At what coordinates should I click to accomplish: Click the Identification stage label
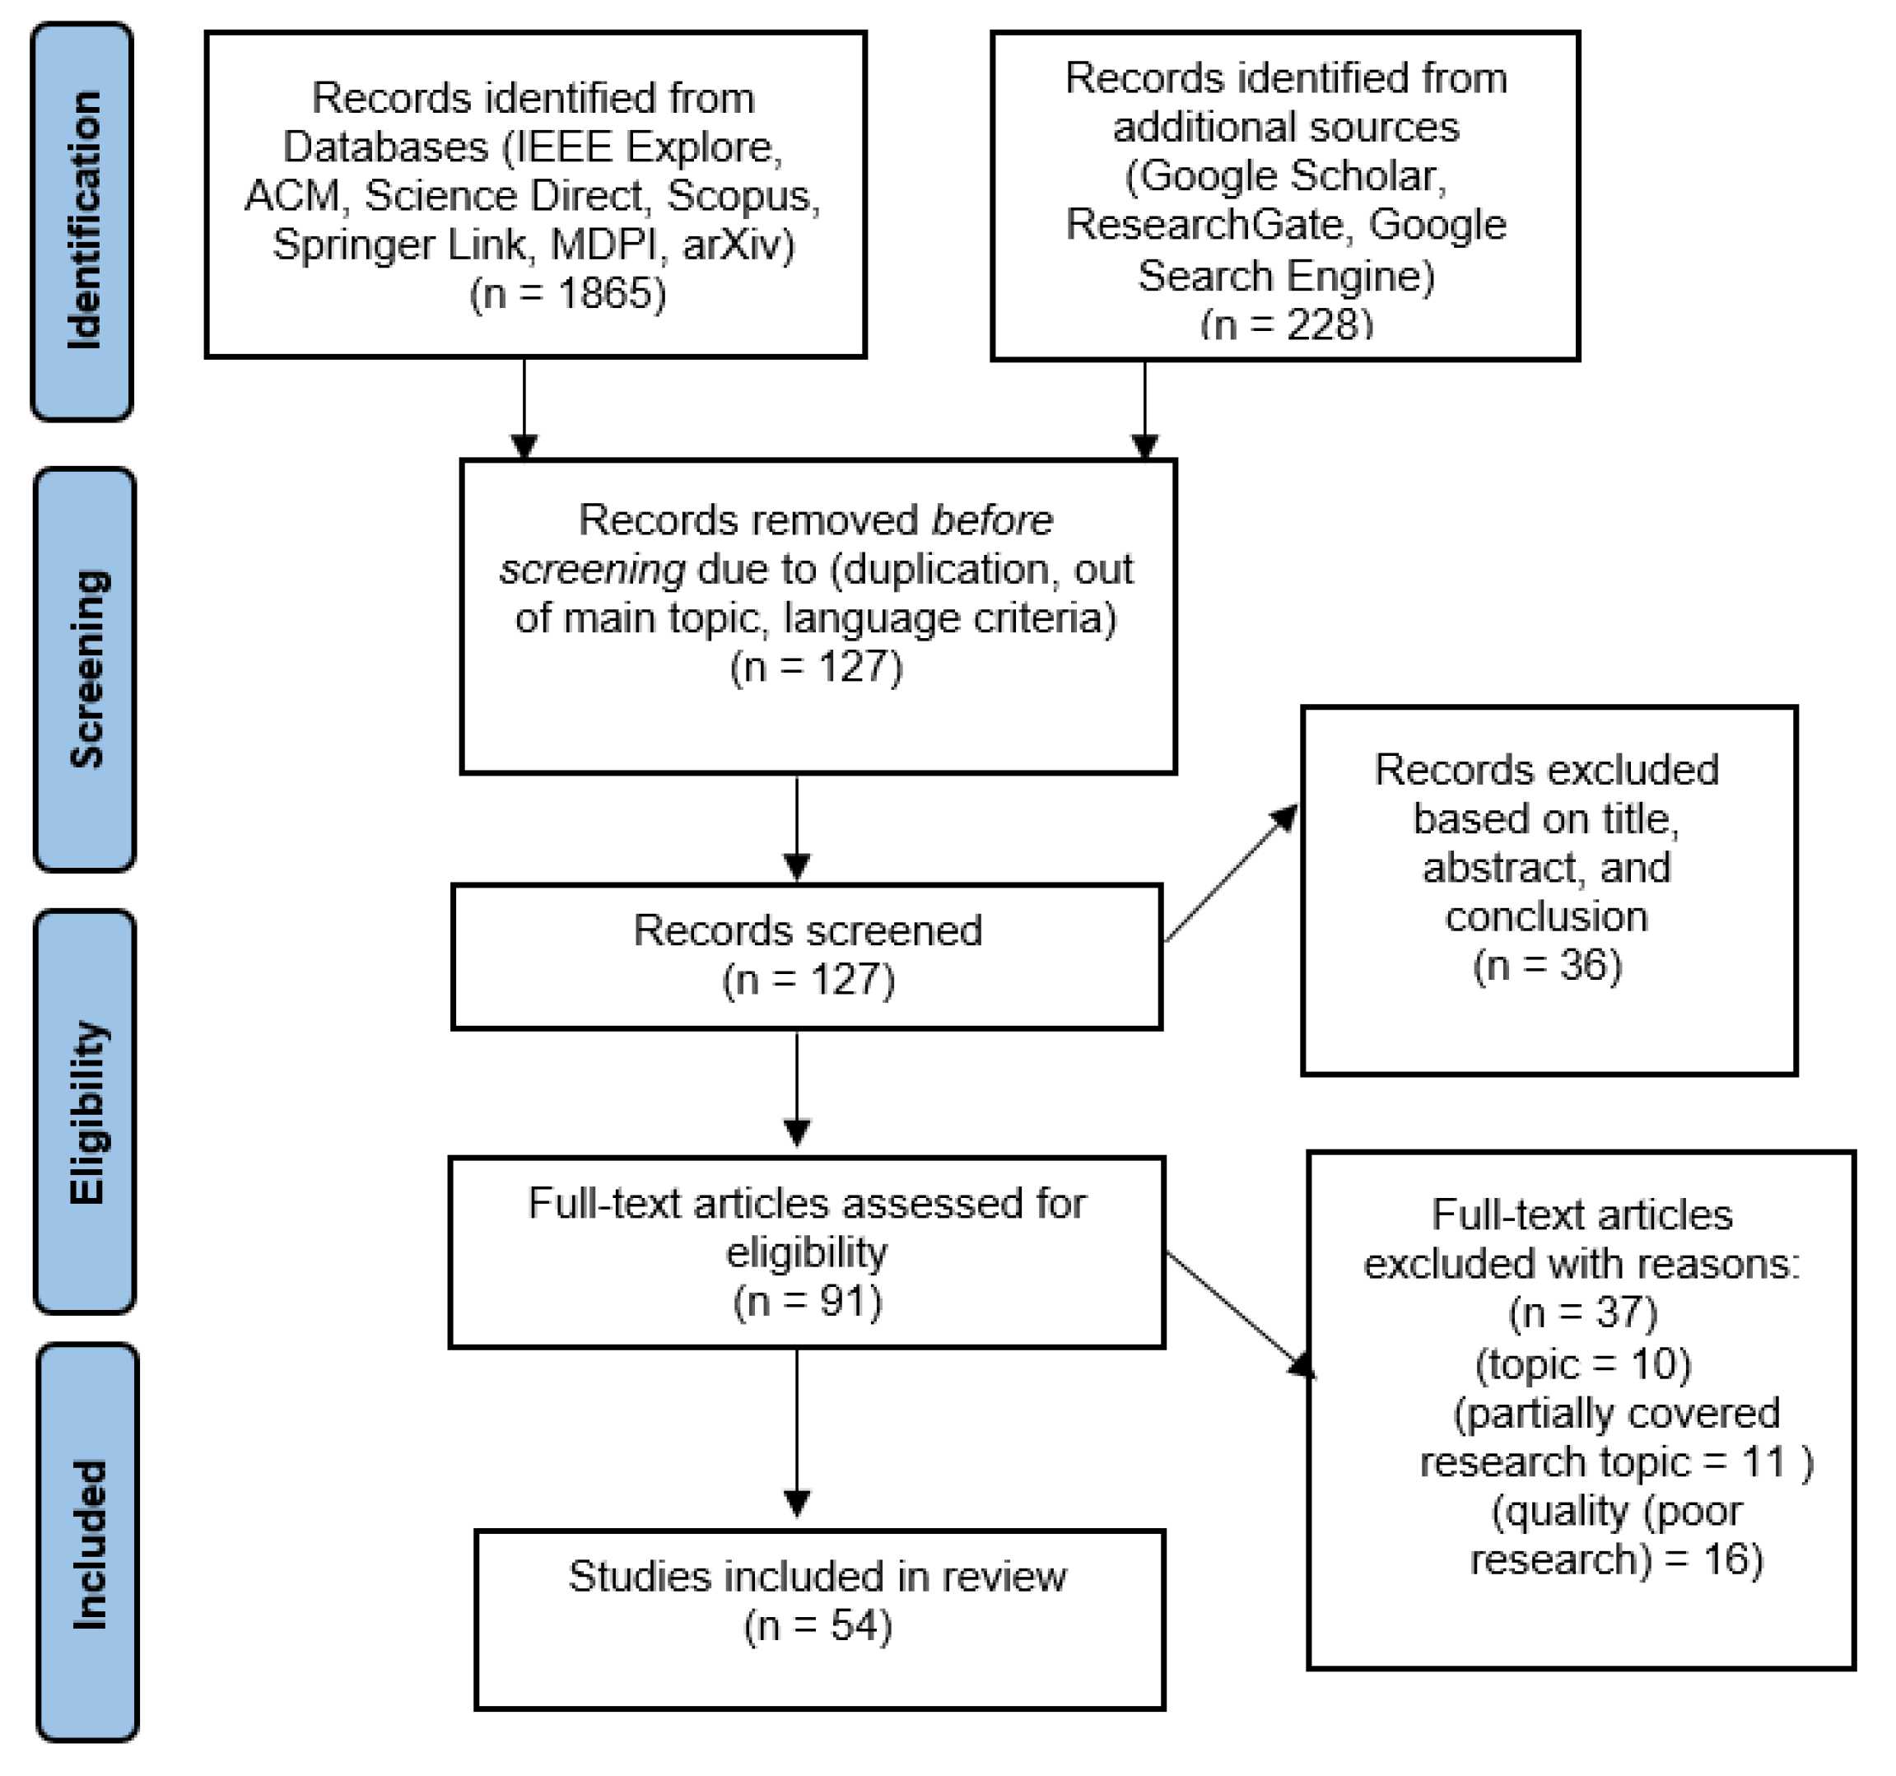(x=83, y=221)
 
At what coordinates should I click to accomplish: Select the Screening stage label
(x=86, y=669)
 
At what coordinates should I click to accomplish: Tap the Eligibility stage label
(x=86, y=1112)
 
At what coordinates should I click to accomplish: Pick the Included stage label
(x=89, y=1543)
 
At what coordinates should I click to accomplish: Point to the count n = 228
(x=1286, y=325)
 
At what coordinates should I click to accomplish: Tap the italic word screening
(x=592, y=570)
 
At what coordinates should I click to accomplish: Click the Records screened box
(x=807, y=957)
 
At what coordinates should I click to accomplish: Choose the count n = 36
(x=1547, y=965)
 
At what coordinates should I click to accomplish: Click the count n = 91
(x=807, y=1301)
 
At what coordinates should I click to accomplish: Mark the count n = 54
(x=818, y=1625)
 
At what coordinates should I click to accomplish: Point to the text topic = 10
(x=1583, y=1364)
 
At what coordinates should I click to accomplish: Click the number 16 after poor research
(x=1729, y=1559)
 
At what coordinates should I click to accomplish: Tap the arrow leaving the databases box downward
(x=524, y=410)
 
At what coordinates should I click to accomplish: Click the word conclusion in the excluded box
(x=1546, y=916)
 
